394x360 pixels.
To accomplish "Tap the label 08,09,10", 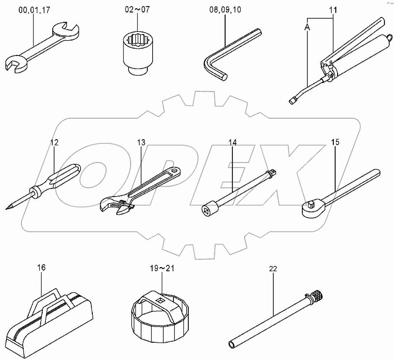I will (x=225, y=10).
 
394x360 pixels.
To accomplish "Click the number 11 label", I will (x=333, y=10).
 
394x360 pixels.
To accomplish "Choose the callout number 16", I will (x=42, y=267).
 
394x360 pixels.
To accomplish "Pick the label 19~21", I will (x=162, y=268).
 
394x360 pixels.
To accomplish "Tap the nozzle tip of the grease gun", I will (x=291, y=101).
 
